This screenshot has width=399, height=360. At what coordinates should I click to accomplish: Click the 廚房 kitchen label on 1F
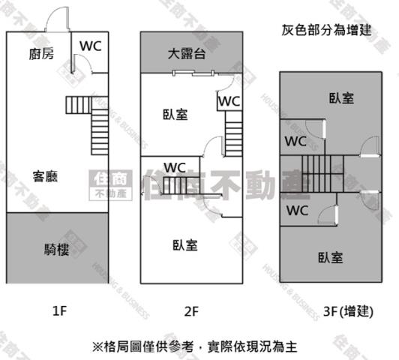click(x=41, y=54)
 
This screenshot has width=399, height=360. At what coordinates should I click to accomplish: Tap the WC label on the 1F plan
click(x=91, y=45)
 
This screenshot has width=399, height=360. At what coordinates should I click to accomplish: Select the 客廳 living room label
click(x=46, y=177)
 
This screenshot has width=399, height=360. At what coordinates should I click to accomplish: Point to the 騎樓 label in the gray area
click(x=58, y=249)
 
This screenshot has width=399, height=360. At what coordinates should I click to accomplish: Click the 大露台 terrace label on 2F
click(x=187, y=54)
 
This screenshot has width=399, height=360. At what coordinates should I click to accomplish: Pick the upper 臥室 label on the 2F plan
click(x=175, y=115)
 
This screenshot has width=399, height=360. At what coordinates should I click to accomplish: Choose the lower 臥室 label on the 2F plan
click(x=184, y=245)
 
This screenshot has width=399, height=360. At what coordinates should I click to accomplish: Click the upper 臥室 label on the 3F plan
click(x=341, y=98)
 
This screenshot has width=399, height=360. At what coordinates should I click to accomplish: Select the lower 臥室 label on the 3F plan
click(x=331, y=257)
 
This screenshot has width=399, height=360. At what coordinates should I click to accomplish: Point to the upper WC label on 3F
click(x=295, y=140)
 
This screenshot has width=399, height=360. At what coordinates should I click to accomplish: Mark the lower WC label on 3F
click(x=298, y=210)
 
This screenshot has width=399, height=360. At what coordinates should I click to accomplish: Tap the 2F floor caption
click(x=190, y=310)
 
